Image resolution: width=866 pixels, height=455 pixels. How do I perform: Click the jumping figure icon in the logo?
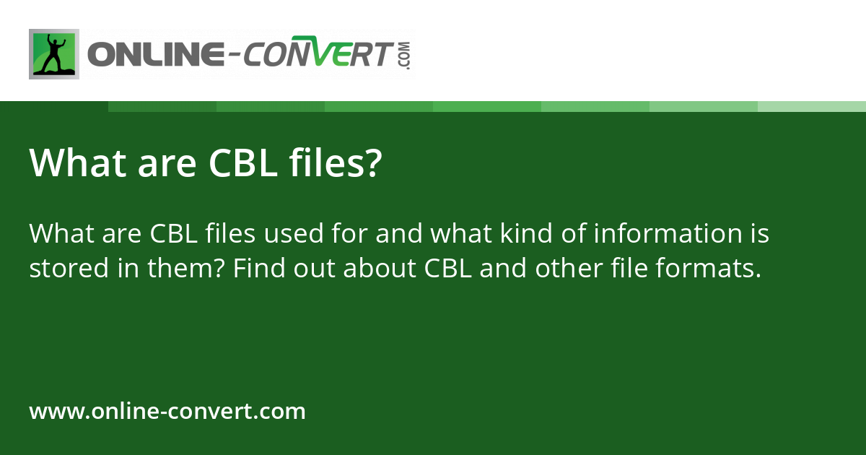54,54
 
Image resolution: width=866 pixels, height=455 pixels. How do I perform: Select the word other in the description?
567,269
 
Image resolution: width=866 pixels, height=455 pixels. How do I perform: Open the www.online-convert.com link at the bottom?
167,412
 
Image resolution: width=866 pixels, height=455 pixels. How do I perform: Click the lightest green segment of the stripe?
812,106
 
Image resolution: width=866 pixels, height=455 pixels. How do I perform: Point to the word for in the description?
349,234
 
